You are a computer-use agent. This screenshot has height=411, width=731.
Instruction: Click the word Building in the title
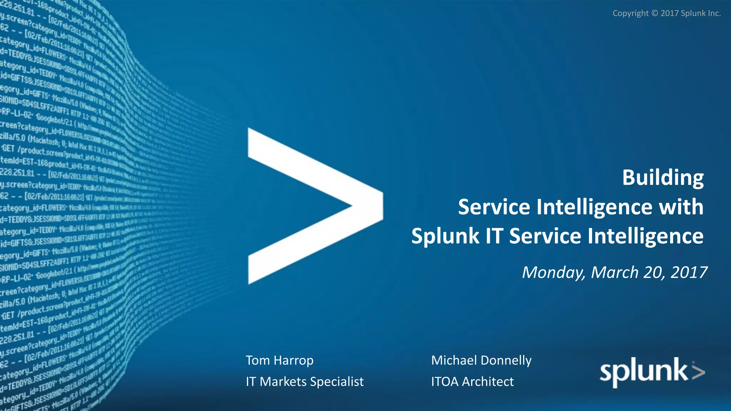663,178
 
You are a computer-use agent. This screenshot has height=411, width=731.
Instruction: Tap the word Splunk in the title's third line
445,237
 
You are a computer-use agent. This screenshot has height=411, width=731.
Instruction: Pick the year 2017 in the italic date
689,273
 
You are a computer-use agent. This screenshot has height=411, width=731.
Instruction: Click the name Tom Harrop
279,360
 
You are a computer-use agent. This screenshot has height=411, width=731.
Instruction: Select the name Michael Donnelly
481,360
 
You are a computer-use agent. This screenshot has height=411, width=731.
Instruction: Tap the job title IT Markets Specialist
304,382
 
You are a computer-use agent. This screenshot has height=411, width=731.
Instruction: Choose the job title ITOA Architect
472,382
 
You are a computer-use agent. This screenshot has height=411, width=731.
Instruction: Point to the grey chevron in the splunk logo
698,371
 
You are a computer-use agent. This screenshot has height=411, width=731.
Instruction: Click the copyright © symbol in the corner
655,13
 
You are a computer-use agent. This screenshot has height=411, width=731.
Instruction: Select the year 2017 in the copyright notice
670,13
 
